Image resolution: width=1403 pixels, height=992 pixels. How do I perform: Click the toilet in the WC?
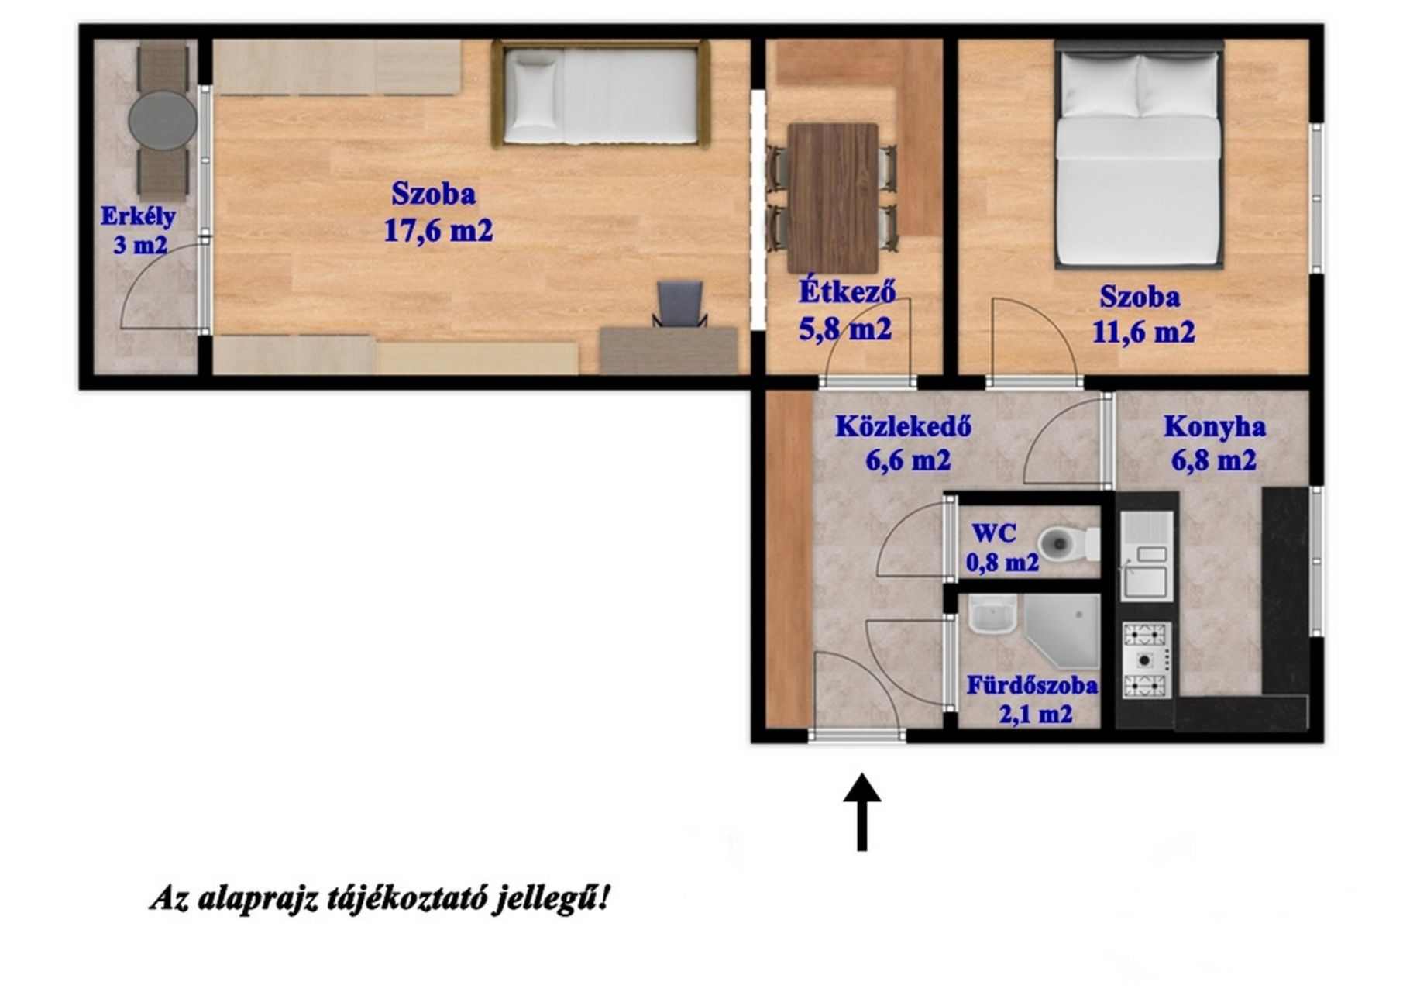pos(1068,543)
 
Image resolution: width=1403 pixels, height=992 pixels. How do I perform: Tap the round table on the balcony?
pos(163,120)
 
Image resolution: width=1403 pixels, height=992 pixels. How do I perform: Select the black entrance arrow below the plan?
pos(861,811)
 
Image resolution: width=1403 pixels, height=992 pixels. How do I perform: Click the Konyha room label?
pos(1215,427)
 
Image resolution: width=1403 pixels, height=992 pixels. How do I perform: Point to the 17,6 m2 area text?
pos(438,230)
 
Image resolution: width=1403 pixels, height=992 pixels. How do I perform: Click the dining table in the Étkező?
pos(833,198)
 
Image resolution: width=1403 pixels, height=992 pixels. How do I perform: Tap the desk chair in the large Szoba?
pos(680,304)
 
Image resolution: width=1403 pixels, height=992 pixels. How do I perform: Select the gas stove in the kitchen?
pos(1147,660)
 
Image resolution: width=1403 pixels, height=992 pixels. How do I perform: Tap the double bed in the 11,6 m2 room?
pos(1139,154)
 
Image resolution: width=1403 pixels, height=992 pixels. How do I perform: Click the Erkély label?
pos(138,215)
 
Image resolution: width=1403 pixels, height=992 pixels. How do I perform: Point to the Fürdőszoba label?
pos(1032,685)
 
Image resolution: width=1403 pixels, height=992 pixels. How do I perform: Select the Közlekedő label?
pos(903,427)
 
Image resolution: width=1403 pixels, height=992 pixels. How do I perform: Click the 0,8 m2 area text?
pos(1002,562)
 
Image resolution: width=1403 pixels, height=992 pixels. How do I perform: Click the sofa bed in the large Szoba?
pos(600,95)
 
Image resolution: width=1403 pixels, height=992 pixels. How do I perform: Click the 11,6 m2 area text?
pos(1143,332)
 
